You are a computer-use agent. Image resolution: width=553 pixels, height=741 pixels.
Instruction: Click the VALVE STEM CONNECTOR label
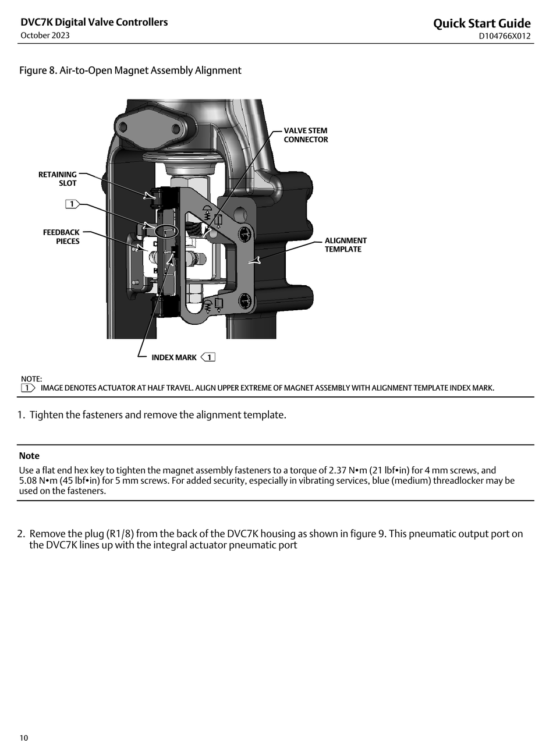[x=306, y=135]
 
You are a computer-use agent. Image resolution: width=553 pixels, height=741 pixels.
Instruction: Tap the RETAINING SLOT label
[x=58, y=179]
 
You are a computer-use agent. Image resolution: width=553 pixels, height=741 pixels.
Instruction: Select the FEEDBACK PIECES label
[x=61, y=236]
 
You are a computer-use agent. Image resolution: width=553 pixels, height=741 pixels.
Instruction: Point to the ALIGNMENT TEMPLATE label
[x=346, y=244]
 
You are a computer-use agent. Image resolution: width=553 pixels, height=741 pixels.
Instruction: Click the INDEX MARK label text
[x=174, y=357]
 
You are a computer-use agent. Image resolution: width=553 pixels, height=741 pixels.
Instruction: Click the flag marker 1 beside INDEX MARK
[x=208, y=357]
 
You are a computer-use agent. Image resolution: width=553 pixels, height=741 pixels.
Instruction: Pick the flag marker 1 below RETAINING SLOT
[x=72, y=204]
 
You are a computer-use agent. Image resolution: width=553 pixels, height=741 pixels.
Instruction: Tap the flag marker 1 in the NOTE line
[x=27, y=388]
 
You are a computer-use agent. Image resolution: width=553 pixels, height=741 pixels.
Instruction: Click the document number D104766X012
[x=505, y=36]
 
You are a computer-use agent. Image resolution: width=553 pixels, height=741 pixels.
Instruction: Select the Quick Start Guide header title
[x=481, y=23]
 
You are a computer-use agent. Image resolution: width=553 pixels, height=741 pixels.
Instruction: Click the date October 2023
[x=45, y=36]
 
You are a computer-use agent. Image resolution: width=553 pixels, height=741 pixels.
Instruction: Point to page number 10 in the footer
[x=24, y=738]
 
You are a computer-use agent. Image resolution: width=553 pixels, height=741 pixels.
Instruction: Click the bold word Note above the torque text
[x=29, y=456]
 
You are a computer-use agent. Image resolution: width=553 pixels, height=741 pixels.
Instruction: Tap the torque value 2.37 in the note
[x=337, y=470]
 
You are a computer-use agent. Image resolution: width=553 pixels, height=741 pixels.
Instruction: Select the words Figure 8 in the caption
[x=38, y=70]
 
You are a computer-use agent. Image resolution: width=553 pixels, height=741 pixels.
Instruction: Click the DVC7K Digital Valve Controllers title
[x=94, y=22]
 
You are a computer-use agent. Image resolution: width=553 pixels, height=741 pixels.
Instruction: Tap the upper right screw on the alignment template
[x=245, y=233]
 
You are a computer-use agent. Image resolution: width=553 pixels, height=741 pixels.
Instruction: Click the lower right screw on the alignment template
[x=245, y=302]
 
